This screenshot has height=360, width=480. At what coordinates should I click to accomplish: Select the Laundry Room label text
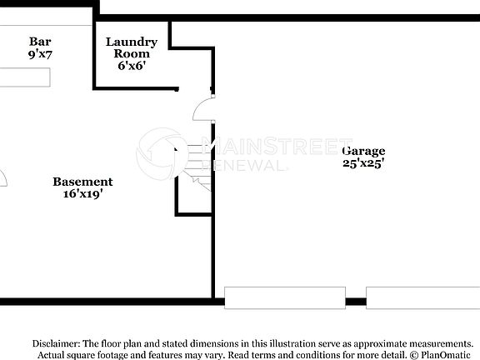[131, 47]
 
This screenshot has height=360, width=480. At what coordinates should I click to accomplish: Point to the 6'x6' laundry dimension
[131, 66]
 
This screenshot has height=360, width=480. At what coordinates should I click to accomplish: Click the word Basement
[82, 182]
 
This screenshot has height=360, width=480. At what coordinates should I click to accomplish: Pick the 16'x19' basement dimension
[82, 194]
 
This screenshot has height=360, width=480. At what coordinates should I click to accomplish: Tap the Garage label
[363, 151]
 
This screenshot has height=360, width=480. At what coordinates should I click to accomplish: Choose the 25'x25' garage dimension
[363, 163]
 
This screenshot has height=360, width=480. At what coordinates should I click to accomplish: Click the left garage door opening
[284, 297]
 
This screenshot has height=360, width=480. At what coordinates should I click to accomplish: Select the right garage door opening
[422, 297]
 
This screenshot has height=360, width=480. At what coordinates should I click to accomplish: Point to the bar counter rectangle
[25, 77]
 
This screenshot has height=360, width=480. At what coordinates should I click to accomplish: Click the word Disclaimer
[57, 343]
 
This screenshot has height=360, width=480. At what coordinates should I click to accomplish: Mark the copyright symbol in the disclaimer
[413, 354]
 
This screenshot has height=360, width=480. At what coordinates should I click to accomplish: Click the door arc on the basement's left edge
[3, 177]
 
